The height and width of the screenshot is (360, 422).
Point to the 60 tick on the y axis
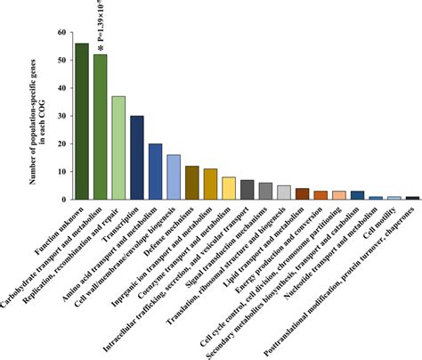coord(61,33)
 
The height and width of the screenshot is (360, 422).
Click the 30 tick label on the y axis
coord(61,116)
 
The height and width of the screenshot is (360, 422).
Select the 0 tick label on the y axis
coord(64,199)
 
